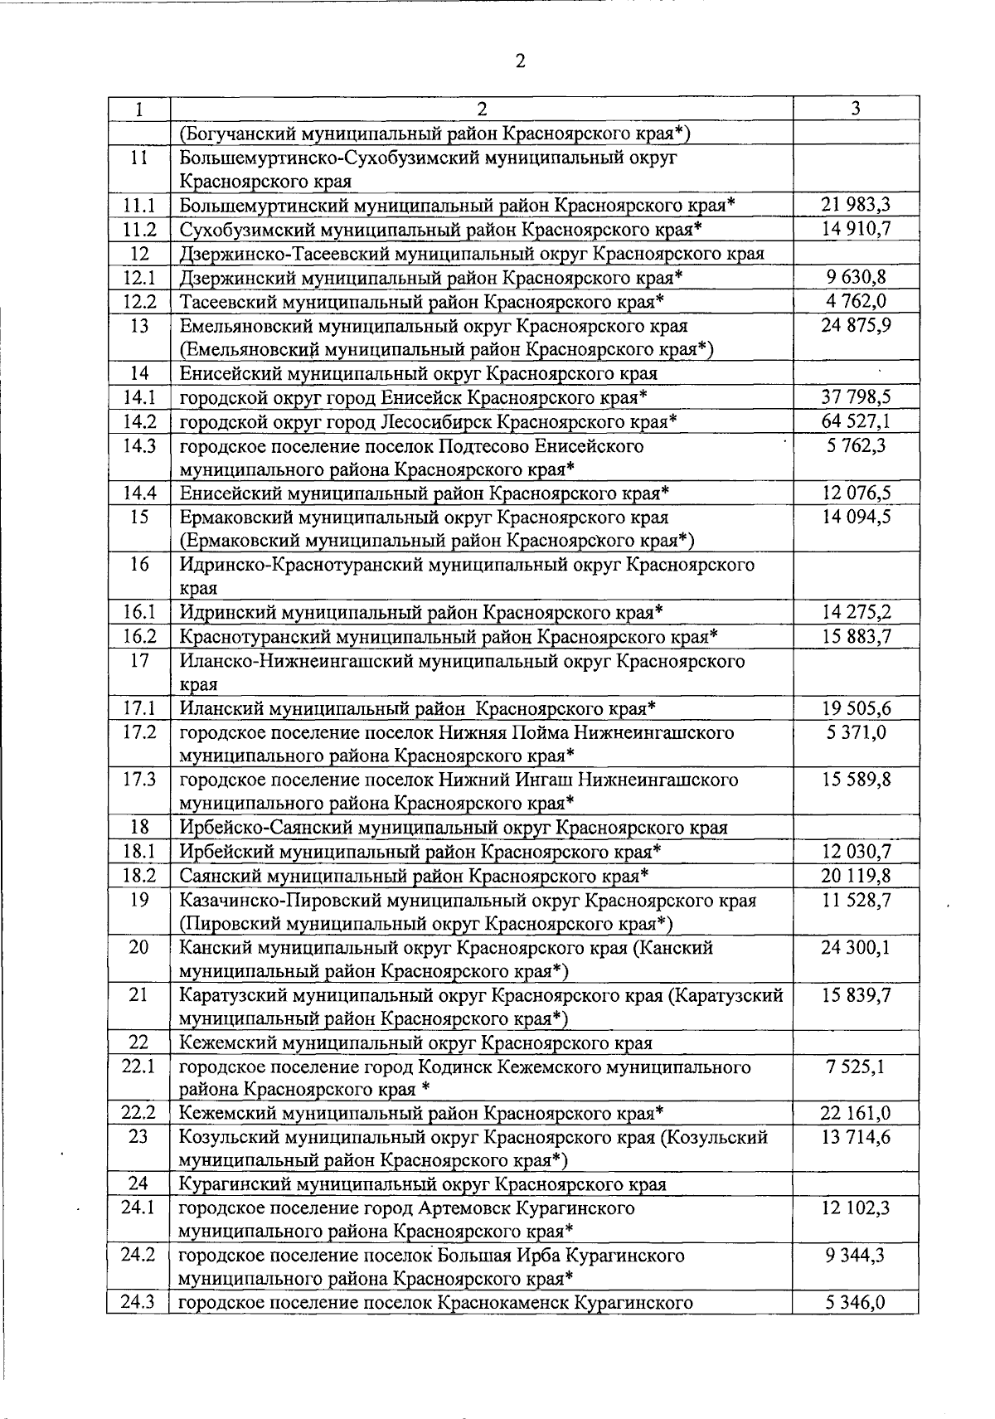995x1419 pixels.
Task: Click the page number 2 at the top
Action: pyautogui.click(x=521, y=61)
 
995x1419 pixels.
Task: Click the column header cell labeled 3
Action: pyautogui.click(x=856, y=109)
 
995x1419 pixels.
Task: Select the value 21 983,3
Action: pyautogui.click(x=856, y=205)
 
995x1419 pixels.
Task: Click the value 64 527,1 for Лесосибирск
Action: pyautogui.click(x=856, y=421)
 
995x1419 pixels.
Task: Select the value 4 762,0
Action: pyautogui.click(x=856, y=301)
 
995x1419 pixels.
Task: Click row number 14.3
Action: pyautogui.click(x=138, y=446)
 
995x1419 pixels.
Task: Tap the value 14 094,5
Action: pyautogui.click(x=856, y=518)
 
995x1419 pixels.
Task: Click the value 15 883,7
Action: pyautogui.click(x=856, y=637)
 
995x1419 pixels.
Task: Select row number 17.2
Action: pyautogui.click(x=138, y=733)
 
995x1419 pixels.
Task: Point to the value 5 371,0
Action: pyautogui.click(x=856, y=733)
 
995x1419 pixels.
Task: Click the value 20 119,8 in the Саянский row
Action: pyautogui.click(x=856, y=876)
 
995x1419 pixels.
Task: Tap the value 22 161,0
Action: pyautogui.click(x=856, y=1113)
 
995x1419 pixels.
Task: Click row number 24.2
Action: pyautogui.click(x=138, y=1256)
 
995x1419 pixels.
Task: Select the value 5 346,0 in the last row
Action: pyautogui.click(x=856, y=1303)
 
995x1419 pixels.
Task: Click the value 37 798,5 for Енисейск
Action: pyautogui.click(x=856, y=397)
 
